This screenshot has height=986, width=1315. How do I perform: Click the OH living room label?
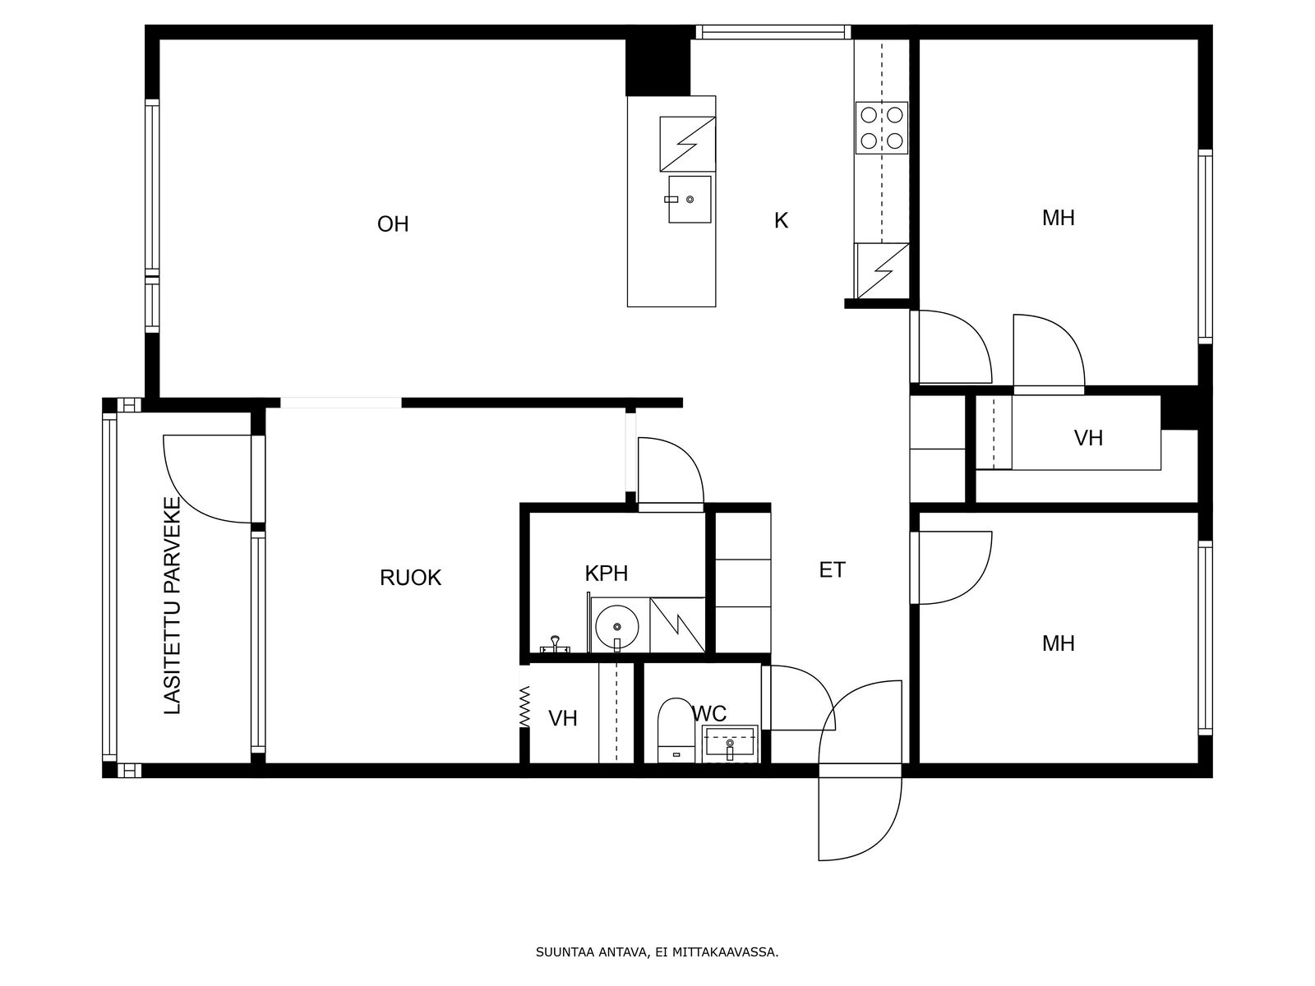392,223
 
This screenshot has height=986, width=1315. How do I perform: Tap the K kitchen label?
781,220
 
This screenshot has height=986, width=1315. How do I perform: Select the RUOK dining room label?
410,578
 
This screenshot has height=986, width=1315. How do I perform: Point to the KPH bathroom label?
607,574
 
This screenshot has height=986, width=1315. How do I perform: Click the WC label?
709,713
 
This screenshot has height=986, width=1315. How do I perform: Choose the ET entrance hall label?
832,570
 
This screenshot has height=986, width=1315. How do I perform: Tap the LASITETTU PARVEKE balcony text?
173,606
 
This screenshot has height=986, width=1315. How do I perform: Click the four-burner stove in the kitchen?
881,128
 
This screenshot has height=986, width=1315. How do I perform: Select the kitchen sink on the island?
690,200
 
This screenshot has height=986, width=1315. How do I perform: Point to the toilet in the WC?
676,730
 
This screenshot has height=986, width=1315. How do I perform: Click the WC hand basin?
730,744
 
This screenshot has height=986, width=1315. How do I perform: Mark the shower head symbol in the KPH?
556,645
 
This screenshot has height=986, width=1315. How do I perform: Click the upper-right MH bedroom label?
1058,218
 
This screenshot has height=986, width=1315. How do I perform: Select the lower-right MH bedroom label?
1058,643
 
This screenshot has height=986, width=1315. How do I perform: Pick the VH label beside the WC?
562,718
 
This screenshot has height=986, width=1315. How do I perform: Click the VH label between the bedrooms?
1088,438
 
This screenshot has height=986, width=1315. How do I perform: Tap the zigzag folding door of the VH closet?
525,707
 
